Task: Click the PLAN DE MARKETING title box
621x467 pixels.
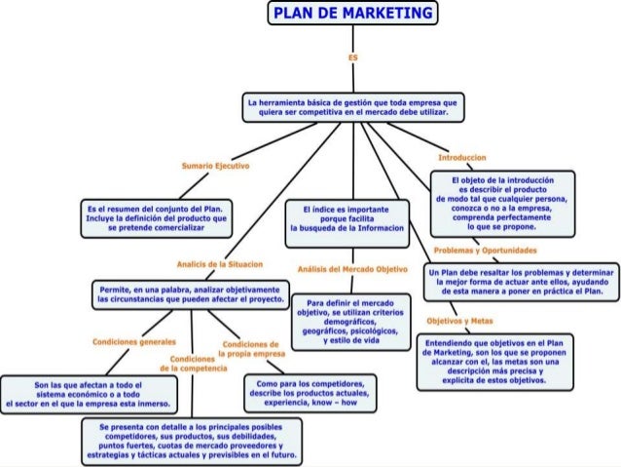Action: pyautogui.click(x=352, y=15)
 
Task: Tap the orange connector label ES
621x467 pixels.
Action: pyautogui.click(x=353, y=58)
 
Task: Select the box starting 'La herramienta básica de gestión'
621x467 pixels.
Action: pyautogui.click(x=352, y=107)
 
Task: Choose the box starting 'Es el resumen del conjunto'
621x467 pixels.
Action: pyautogui.click(x=157, y=215)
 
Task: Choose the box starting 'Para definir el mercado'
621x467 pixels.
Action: pyautogui.click(x=351, y=323)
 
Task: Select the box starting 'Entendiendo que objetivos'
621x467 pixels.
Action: pyautogui.click(x=496, y=364)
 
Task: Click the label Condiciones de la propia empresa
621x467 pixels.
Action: pyautogui.click(x=251, y=350)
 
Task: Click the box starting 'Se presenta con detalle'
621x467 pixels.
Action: pyautogui.click(x=191, y=441)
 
